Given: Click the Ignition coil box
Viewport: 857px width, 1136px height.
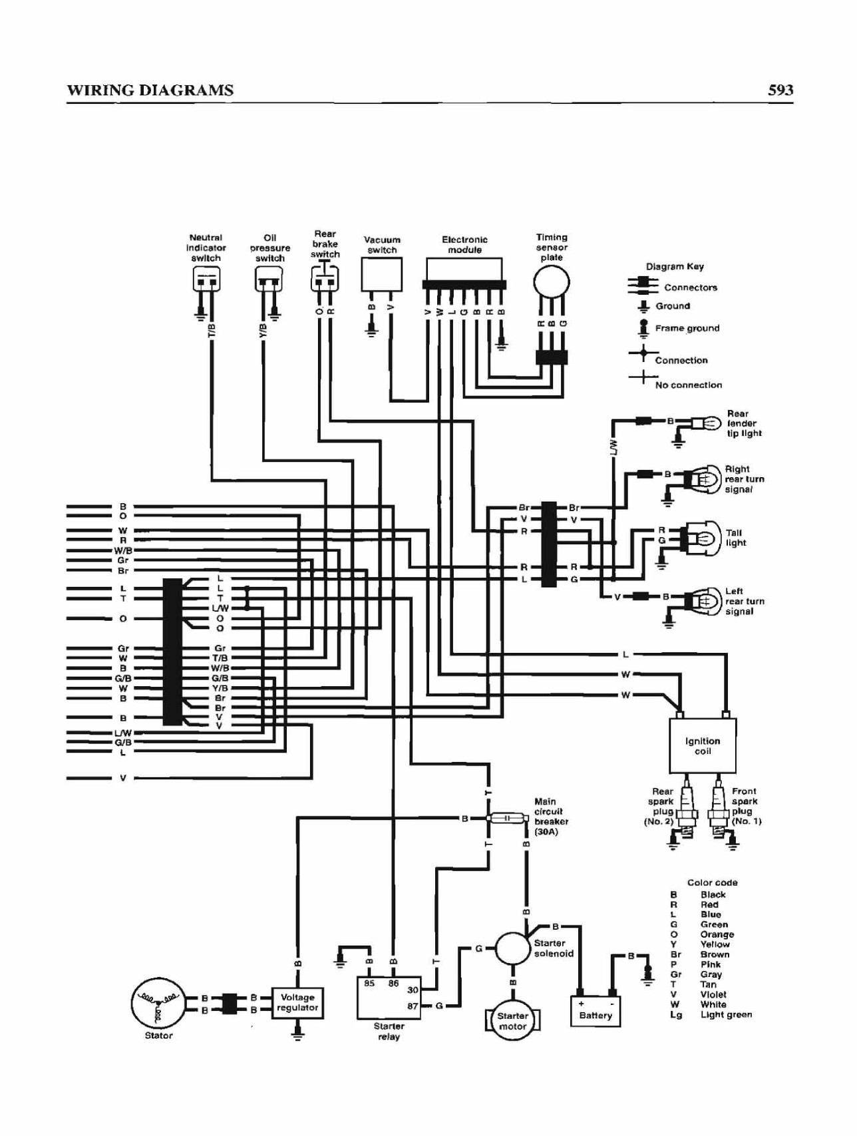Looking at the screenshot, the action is (x=702, y=745).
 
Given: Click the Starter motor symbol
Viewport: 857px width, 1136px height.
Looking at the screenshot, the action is (x=512, y=1021).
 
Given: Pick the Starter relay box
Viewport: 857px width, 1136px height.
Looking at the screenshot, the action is (x=389, y=997).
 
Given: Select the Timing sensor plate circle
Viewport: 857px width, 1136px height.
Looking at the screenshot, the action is (x=552, y=283).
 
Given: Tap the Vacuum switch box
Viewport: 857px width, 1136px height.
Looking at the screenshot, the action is (x=382, y=274).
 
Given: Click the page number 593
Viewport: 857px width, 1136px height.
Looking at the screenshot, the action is (x=780, y=90).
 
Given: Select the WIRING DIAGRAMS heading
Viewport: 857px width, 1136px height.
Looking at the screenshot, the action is (x=150, y=91).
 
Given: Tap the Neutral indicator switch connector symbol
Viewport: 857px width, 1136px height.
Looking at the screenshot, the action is (x=206, y=280).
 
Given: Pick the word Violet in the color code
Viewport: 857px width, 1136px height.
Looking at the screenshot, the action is (x=713, y=994).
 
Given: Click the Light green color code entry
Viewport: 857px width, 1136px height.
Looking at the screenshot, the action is (x=711, y=1014).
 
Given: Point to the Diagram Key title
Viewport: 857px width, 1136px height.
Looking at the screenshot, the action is (x=675, y=266).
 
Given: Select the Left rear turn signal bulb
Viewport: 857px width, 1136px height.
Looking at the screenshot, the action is (x=703, y=602).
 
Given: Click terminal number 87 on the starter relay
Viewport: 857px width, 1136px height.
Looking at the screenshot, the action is (x=412, y=1006).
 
